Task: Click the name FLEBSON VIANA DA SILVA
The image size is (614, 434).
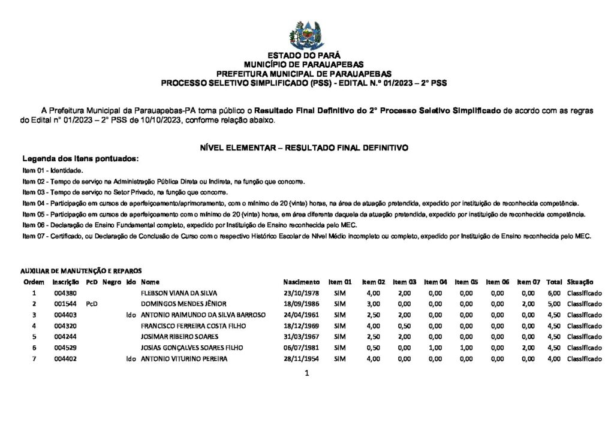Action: coord(174,293)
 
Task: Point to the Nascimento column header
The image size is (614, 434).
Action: coord(301,282)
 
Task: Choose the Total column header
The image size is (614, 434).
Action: coord(554,282)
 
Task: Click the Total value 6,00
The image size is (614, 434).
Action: coord(554,293)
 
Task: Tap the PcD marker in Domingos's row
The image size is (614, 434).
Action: coord(92,304)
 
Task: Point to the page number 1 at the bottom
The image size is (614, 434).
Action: coord(306,374)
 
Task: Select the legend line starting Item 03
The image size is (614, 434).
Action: coord(125,192)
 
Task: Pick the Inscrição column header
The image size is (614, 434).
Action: coord(65,282)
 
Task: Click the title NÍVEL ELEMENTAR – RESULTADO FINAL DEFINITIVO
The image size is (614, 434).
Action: coord(304,147)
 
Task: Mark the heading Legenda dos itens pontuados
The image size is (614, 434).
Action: coord(80,159)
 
